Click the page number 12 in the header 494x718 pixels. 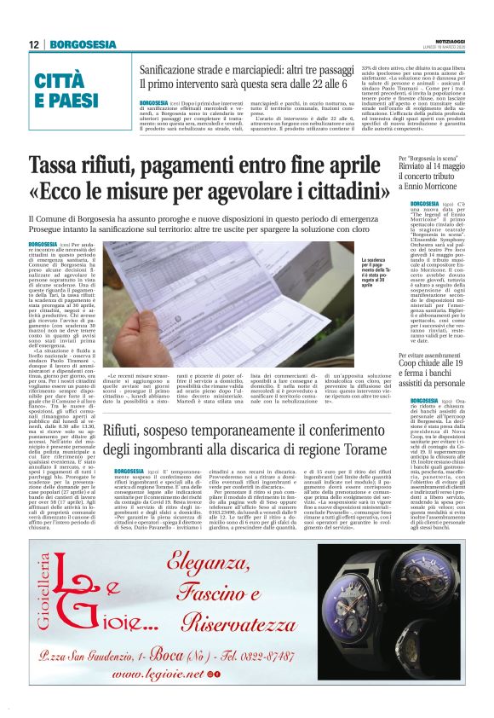click(x=32, y=44)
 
